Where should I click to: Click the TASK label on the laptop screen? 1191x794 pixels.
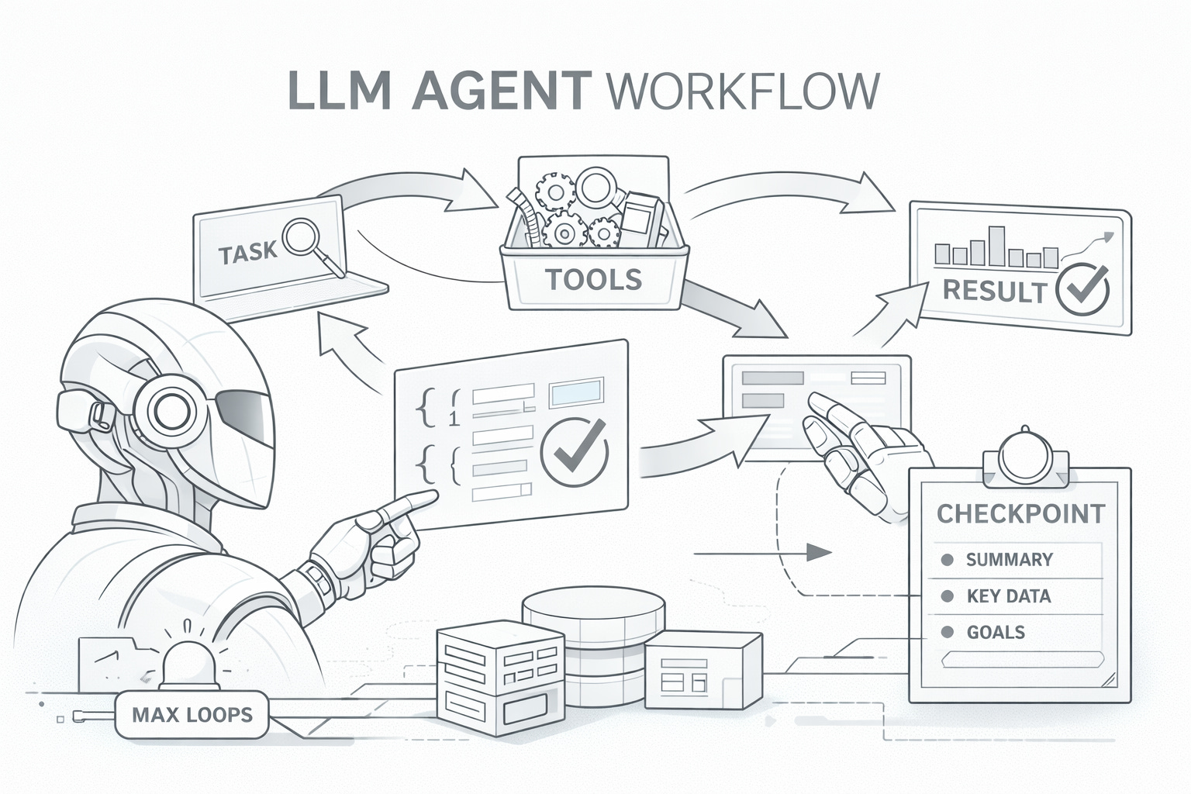pyautogui.click(x=247, y=254)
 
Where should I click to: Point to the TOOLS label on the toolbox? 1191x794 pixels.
pyautogui.click(x=593, y=278)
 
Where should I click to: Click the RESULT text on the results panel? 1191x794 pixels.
pyautogui.click(x=994, y=292)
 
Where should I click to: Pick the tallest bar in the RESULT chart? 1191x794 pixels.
pyautogui.click(x=996, y=246)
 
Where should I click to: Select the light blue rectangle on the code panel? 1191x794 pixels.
pyautogui.click(x=576, y=393)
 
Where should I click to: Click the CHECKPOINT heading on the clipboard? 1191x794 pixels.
pyautogui.click(x=1020, y=513)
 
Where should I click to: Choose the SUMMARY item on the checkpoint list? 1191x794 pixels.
pyautogui.click(x=1009, y=560)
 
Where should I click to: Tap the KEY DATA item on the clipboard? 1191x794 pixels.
pyautogui.click(x=1008, y=596)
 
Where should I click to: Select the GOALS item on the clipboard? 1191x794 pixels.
pyautogui.click(x=996, y=632)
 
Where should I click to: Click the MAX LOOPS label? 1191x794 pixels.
pyautogui.click(x=192, y=713)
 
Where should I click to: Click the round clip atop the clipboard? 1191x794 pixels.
pyautogui.click(x=1025, y=457)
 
